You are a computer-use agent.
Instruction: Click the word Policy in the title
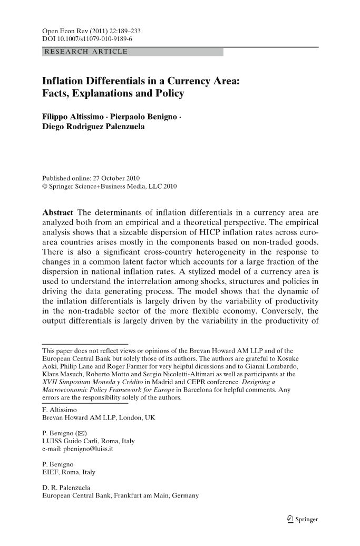pyautogui.click(x=167, y=94)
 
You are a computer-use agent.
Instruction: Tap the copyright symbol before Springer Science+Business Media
pyautogui.click(x=45, y=186)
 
